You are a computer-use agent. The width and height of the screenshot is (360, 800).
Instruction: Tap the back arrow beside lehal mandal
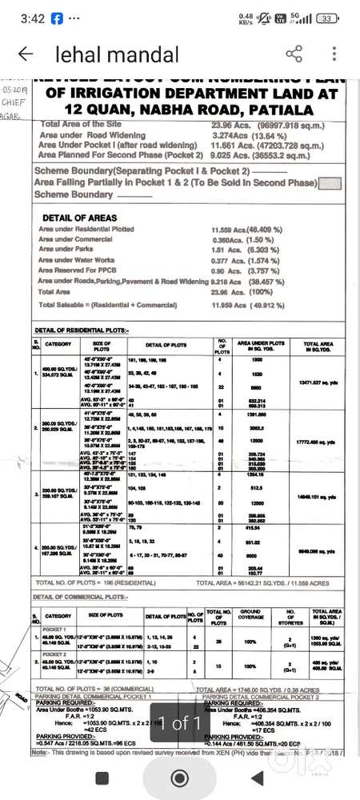(25, 55)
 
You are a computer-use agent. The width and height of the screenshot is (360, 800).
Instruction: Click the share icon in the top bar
(294, 54)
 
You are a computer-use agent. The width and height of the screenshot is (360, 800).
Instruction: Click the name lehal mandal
(117, 55)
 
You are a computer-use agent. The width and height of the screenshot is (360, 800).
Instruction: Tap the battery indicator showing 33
(326, 18)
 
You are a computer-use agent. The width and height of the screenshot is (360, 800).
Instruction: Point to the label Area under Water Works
(77, 259)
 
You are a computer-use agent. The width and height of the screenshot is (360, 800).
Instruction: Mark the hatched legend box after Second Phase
(330, 182)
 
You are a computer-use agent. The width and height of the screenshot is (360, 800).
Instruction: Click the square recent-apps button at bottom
(102, 778)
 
